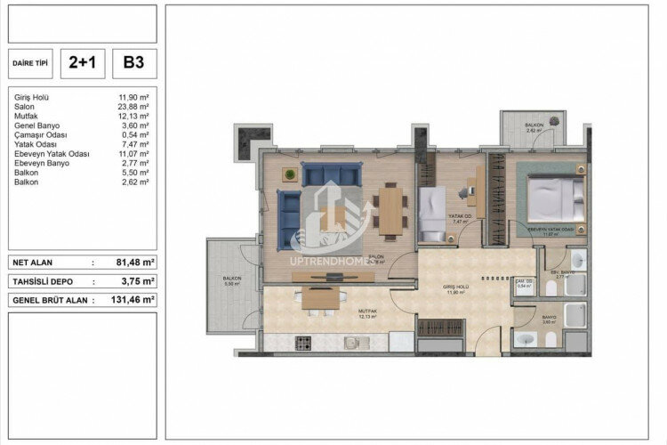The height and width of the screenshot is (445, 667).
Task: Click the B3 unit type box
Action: point(134,63)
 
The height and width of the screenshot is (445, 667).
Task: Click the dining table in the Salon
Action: point(390,208)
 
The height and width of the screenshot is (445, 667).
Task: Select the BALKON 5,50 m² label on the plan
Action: point(232,281)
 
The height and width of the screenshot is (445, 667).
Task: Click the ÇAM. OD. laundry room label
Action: point(523,285)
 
